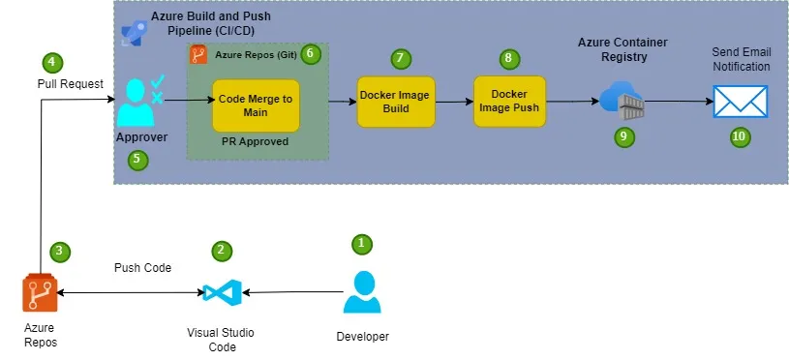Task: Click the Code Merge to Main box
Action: (x=256, y=105)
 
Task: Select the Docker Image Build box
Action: (x=395, y=101)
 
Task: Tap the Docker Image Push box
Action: (x=509, y=101)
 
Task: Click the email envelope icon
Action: (x=740, y=101)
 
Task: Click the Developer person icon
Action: (x=362, y=292)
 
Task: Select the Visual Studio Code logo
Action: (x=221, y=291)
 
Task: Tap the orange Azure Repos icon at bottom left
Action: (x=39, y=293)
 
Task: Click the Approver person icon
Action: (x=139, y=102)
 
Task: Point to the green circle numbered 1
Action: (x=361, y=243)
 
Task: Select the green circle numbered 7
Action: (x=399, y=58)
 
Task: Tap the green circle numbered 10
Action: (x=739, y=136)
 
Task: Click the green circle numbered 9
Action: (x=624, y=136)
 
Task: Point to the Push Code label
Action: (x=142, y=267)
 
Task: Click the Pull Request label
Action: (x=70, y=84)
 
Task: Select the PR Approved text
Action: (x=256, y=141)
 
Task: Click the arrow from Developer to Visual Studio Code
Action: (x=290, y=291)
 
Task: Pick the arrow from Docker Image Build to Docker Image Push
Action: (x=453, y=101)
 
